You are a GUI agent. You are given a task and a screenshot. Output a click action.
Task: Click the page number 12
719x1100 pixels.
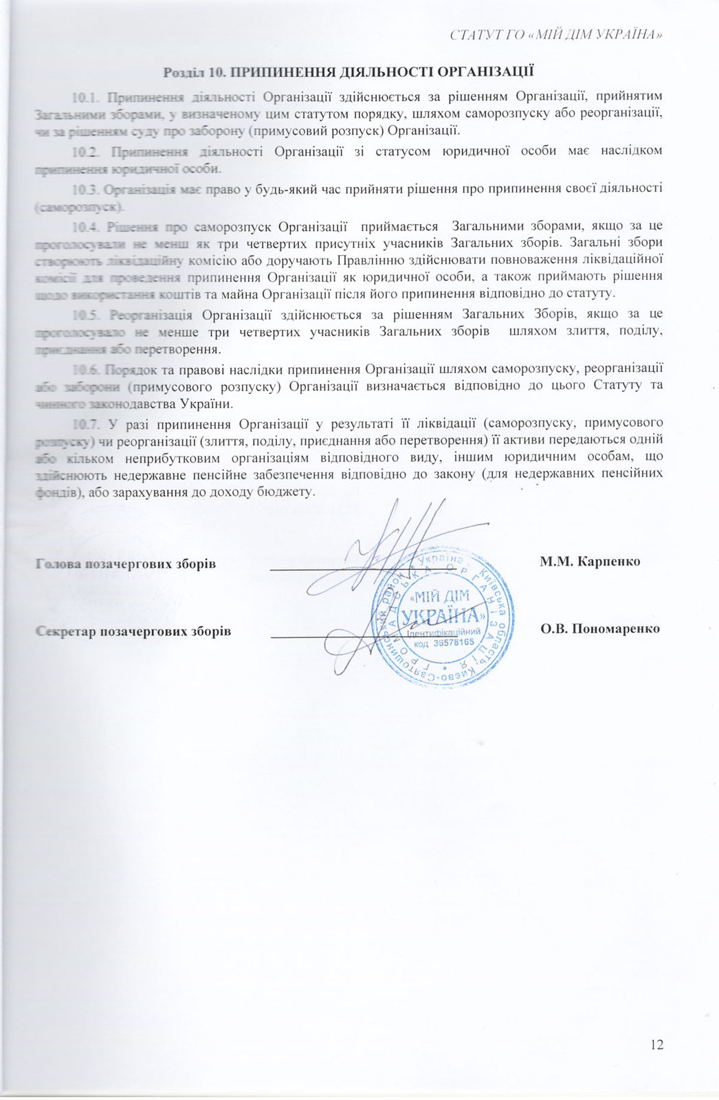656,1044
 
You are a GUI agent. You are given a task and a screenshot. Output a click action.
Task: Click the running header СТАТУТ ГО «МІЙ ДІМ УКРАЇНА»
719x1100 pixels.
556,34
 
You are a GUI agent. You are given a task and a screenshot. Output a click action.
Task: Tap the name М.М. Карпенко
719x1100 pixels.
590,562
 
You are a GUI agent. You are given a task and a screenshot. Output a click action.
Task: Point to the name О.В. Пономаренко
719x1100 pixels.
600,628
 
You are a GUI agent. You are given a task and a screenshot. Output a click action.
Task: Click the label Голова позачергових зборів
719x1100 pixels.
125,564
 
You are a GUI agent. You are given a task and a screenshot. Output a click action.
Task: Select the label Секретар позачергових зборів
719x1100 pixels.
133,631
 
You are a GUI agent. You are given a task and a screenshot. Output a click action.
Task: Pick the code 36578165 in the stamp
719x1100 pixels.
454,642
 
